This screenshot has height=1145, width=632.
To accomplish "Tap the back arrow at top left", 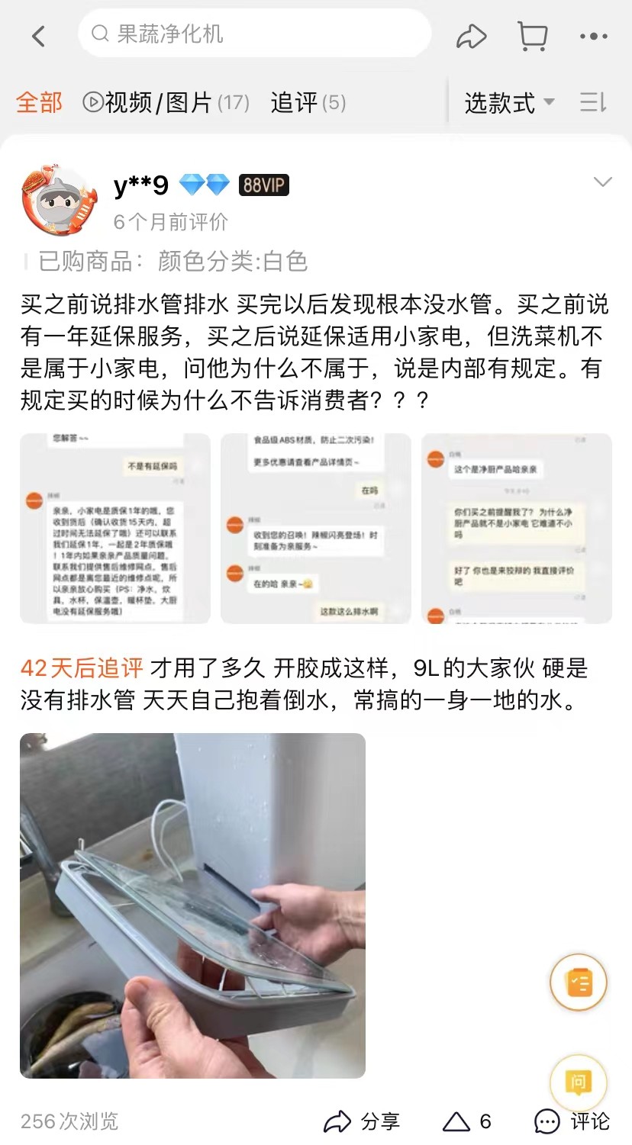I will point(38,36).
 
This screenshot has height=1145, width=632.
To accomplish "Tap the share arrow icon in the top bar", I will point(471,36).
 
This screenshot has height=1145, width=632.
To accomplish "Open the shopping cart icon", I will point(532,36).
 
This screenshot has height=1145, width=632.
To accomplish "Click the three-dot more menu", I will point(593,36).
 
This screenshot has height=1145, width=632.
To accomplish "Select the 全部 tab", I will point(39,102).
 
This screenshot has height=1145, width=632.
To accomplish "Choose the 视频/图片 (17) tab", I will point(166,102).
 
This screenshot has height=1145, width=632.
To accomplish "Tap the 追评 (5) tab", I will point(308,102).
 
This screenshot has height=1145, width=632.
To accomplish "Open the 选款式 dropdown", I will point(509,103).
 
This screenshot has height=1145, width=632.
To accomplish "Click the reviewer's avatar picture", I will point(60,200).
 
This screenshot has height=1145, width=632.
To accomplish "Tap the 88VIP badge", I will point(263,185).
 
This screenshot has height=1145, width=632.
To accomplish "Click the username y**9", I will point(140,185).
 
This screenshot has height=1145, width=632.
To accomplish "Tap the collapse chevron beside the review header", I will point(602,182).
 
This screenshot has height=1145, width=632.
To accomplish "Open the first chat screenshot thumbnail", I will point(115,528).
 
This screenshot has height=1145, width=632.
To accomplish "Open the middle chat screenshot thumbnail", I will point(315,528).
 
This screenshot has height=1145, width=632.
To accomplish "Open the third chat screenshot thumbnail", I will point(516,528).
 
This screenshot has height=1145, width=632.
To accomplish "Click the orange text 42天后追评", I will point(82,668).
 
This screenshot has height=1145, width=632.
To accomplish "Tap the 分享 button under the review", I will point(362,1121).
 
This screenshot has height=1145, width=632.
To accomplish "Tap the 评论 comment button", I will point(572,1121).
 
